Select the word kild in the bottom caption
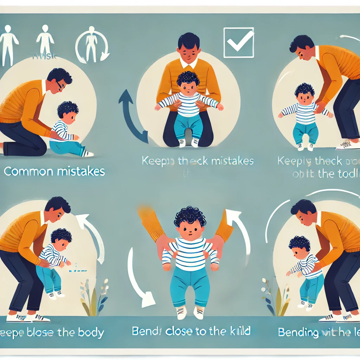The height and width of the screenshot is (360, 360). coord(240,330)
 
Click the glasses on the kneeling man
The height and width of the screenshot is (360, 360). coord(59,85)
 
